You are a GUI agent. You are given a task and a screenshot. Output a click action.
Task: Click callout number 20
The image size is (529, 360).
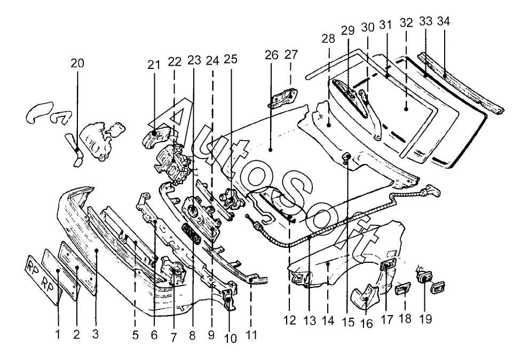coord(77,64)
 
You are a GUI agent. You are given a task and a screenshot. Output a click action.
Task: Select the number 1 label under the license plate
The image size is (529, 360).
coord(58,335)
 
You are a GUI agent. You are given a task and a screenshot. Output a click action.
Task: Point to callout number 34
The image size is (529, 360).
coord(443,22)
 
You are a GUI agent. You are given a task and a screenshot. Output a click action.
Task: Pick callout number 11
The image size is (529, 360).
coord(251,335)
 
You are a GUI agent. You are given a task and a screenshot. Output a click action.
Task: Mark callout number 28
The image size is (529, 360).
coord(328,39)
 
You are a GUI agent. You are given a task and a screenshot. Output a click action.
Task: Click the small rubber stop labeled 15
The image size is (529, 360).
coord(345,156)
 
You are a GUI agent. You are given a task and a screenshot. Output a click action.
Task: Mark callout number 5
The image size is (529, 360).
coord(135,335)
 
